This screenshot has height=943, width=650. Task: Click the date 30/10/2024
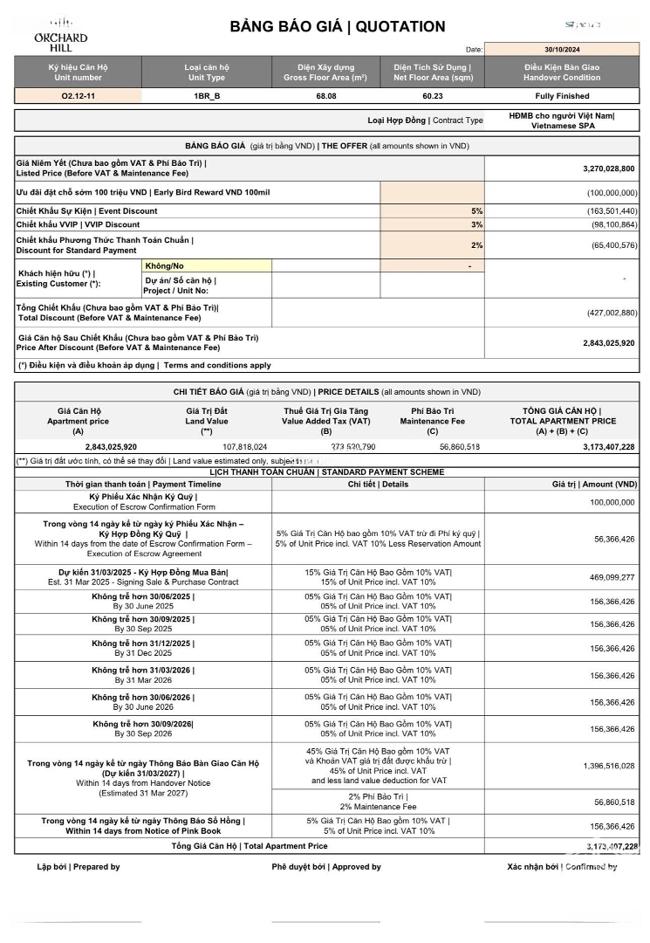coord(562,50)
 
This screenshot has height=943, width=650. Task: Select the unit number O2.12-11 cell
coord(79,96)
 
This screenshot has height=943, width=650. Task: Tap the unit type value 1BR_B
coord(207,96)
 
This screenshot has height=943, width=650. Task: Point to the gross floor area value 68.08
coord(326,96)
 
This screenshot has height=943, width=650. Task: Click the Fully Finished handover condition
coord(562,96)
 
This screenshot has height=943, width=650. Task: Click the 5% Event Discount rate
coord(476,211)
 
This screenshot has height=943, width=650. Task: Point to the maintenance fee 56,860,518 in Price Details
coord(455,446)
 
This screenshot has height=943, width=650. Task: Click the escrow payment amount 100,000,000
coord(612,502)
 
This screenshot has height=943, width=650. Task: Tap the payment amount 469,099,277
coord(612,577)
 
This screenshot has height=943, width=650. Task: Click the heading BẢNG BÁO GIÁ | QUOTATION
coord(338,27)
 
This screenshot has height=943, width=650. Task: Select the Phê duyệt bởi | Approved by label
coord(326,867)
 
